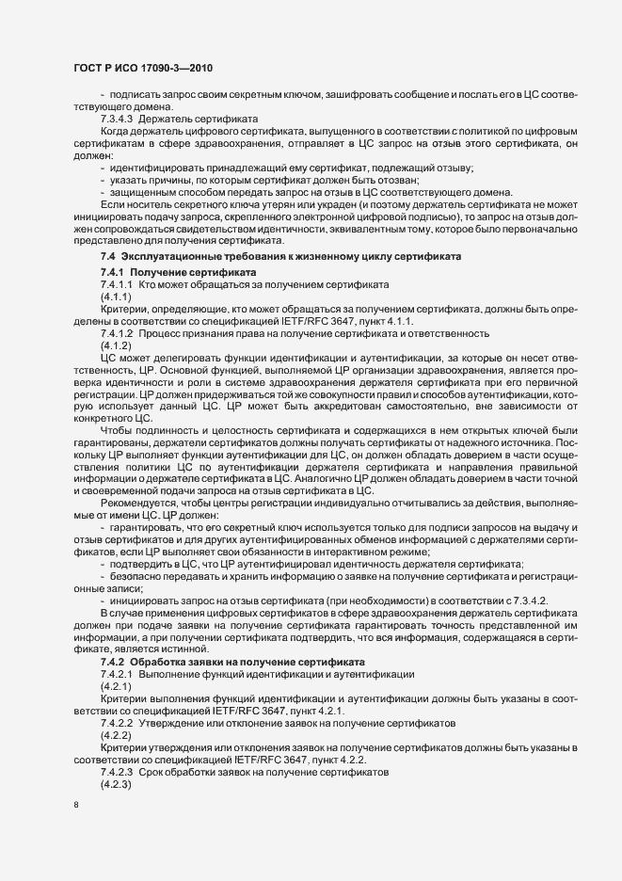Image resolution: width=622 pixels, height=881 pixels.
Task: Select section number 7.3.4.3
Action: pyautogui.click(x=120, y=120)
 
